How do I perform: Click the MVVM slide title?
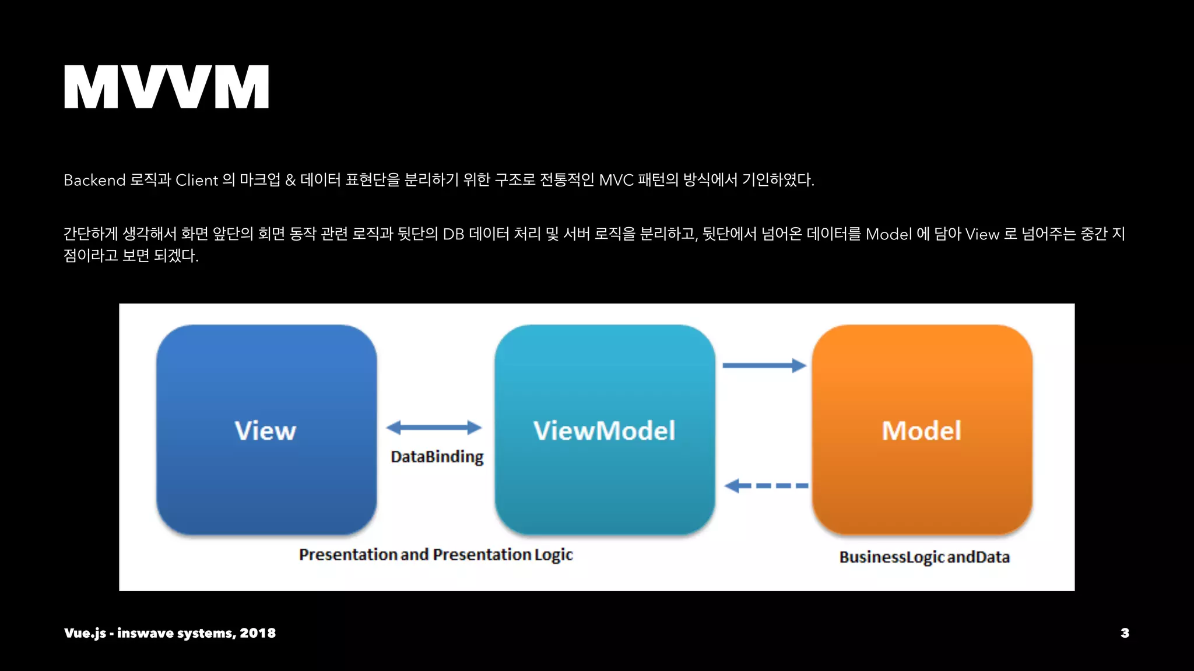click(166, 87)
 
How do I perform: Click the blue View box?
click(266, 430)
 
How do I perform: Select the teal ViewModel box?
click(605, 430)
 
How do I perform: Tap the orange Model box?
click(922, 430)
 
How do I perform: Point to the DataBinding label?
click(437, 457)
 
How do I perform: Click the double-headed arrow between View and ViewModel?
click(434, 428)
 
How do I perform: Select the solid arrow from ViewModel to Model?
click(764, 366)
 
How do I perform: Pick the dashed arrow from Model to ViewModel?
click(766, 485)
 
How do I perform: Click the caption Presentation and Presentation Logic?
click(436, 555)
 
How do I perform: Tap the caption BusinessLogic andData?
click(924, 557)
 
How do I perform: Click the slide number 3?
click(1125, 633)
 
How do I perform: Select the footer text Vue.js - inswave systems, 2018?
click(170, 633)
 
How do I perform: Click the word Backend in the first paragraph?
click(94, 180)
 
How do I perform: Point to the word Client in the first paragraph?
click(196, 180)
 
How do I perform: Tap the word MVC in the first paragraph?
click(616, 180)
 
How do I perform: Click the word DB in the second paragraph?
click(454, 234)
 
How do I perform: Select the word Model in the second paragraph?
click(889, 234)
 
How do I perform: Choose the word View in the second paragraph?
click(982, 234)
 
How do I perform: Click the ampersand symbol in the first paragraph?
click(290, 180)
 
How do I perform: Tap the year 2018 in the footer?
click(258, 633)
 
